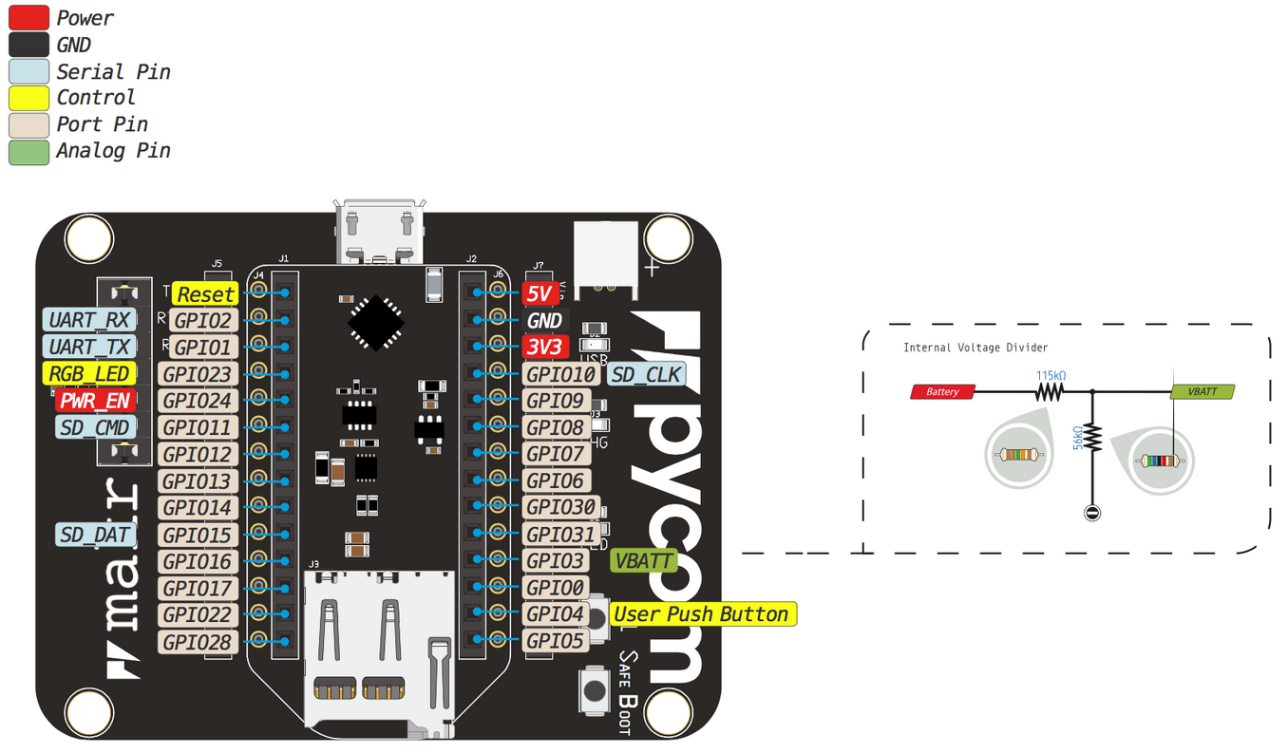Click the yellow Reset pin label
coord(205,294)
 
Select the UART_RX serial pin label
coord(89,320)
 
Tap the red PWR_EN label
coord(95,401)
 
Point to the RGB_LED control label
coord(89,374)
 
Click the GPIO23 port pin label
coord(197,374)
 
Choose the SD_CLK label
coord(646,374)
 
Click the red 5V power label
coord(537,294)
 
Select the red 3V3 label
coord(544,348)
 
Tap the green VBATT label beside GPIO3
coord(643,560)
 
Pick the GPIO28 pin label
coord(197,642)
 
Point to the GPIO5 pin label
coord(555,641)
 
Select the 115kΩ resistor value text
coord(1050,375)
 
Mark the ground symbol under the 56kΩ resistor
coord(1091,514)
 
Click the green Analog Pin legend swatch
coord(28,151)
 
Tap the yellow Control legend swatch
coord(28,98)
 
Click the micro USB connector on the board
coord(379,232)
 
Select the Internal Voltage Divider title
coord(975,348)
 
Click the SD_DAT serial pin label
coord(95,535)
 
